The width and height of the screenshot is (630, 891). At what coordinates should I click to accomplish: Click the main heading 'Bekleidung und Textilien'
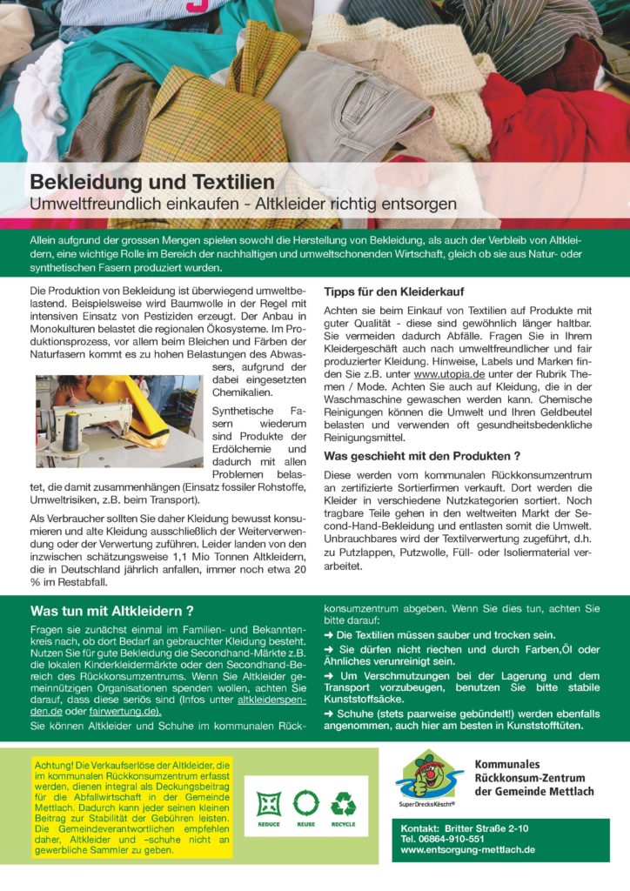152,183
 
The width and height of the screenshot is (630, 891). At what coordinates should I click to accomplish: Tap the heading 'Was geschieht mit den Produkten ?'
422,455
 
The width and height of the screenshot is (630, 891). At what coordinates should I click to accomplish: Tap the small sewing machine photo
119,421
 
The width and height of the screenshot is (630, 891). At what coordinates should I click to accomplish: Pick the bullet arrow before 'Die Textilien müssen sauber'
329,636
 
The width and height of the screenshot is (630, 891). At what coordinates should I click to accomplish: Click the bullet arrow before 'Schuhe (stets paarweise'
329,713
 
